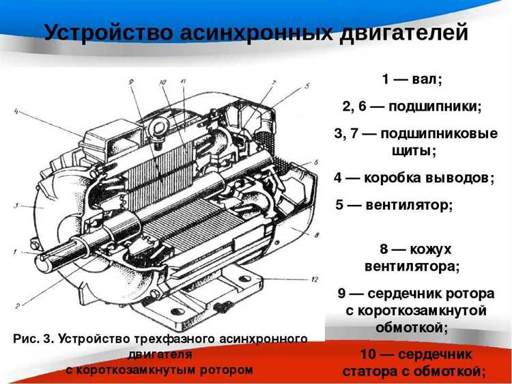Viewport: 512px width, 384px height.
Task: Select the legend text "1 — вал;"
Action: click(x=412, y=79)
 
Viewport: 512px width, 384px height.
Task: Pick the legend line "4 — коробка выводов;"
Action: click(x=414, y=178)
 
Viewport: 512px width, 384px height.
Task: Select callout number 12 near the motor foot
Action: click(x=315, y=279)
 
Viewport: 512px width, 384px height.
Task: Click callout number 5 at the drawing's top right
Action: click(x=307, y=86)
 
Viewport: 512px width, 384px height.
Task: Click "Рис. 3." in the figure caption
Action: click(x=34, y=338)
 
